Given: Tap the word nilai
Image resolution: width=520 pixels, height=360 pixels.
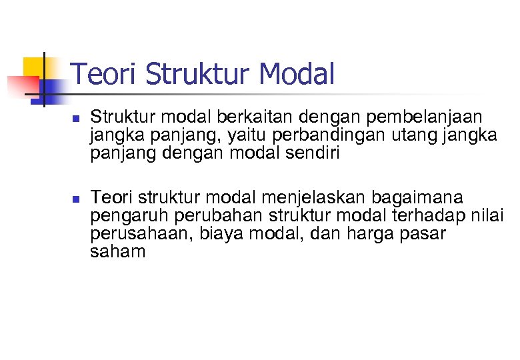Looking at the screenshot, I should click(490, 217).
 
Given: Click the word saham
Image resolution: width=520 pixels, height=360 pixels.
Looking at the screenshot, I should click(117, 252).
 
